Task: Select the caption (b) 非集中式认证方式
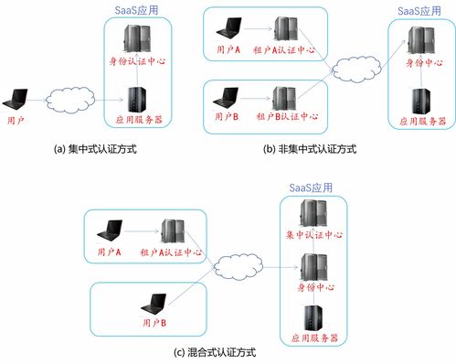(308, 148)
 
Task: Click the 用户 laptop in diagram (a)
(16, 100)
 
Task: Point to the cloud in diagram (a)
(68, 96)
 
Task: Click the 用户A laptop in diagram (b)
(224, 30)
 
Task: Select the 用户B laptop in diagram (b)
(225, 96)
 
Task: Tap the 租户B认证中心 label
(287, 117)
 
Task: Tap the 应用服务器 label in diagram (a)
(137, 118)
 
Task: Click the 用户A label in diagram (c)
(109, 252)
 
